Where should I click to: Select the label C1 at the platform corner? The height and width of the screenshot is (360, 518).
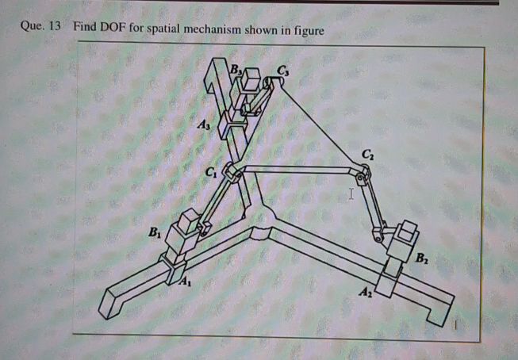tap(210, 173)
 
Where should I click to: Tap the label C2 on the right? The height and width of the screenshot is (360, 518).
tap(366, 152)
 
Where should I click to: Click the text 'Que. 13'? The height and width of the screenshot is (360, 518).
tap(40, 28)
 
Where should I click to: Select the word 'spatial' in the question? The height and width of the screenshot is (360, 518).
tap(163, 29)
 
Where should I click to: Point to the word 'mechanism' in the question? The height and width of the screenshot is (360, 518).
tap(218, 29)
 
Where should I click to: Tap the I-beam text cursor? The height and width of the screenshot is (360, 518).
tap(351, 193)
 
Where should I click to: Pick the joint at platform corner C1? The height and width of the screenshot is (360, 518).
tap(232, 172)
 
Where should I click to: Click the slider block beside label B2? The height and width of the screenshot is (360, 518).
tap(406, 232)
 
